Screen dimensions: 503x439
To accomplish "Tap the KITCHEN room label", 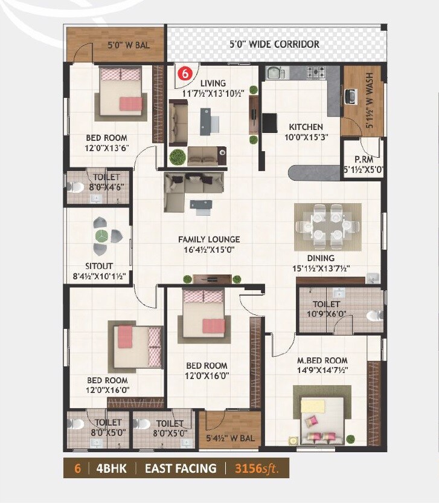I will [306, 127].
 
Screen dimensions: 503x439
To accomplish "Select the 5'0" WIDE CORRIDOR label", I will [274, 44].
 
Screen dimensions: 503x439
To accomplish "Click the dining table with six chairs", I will [327, 227].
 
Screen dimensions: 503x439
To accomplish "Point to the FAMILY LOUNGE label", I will [208, 239].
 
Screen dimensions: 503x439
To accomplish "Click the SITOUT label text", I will [99, 266].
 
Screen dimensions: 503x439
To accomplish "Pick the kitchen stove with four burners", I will [315, 73].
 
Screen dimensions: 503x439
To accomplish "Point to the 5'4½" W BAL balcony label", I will [231, 438].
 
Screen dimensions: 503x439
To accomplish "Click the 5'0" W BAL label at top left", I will [128, 45].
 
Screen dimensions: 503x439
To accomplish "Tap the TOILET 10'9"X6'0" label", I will [326, 308].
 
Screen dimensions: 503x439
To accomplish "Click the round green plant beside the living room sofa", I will [177, 157].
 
